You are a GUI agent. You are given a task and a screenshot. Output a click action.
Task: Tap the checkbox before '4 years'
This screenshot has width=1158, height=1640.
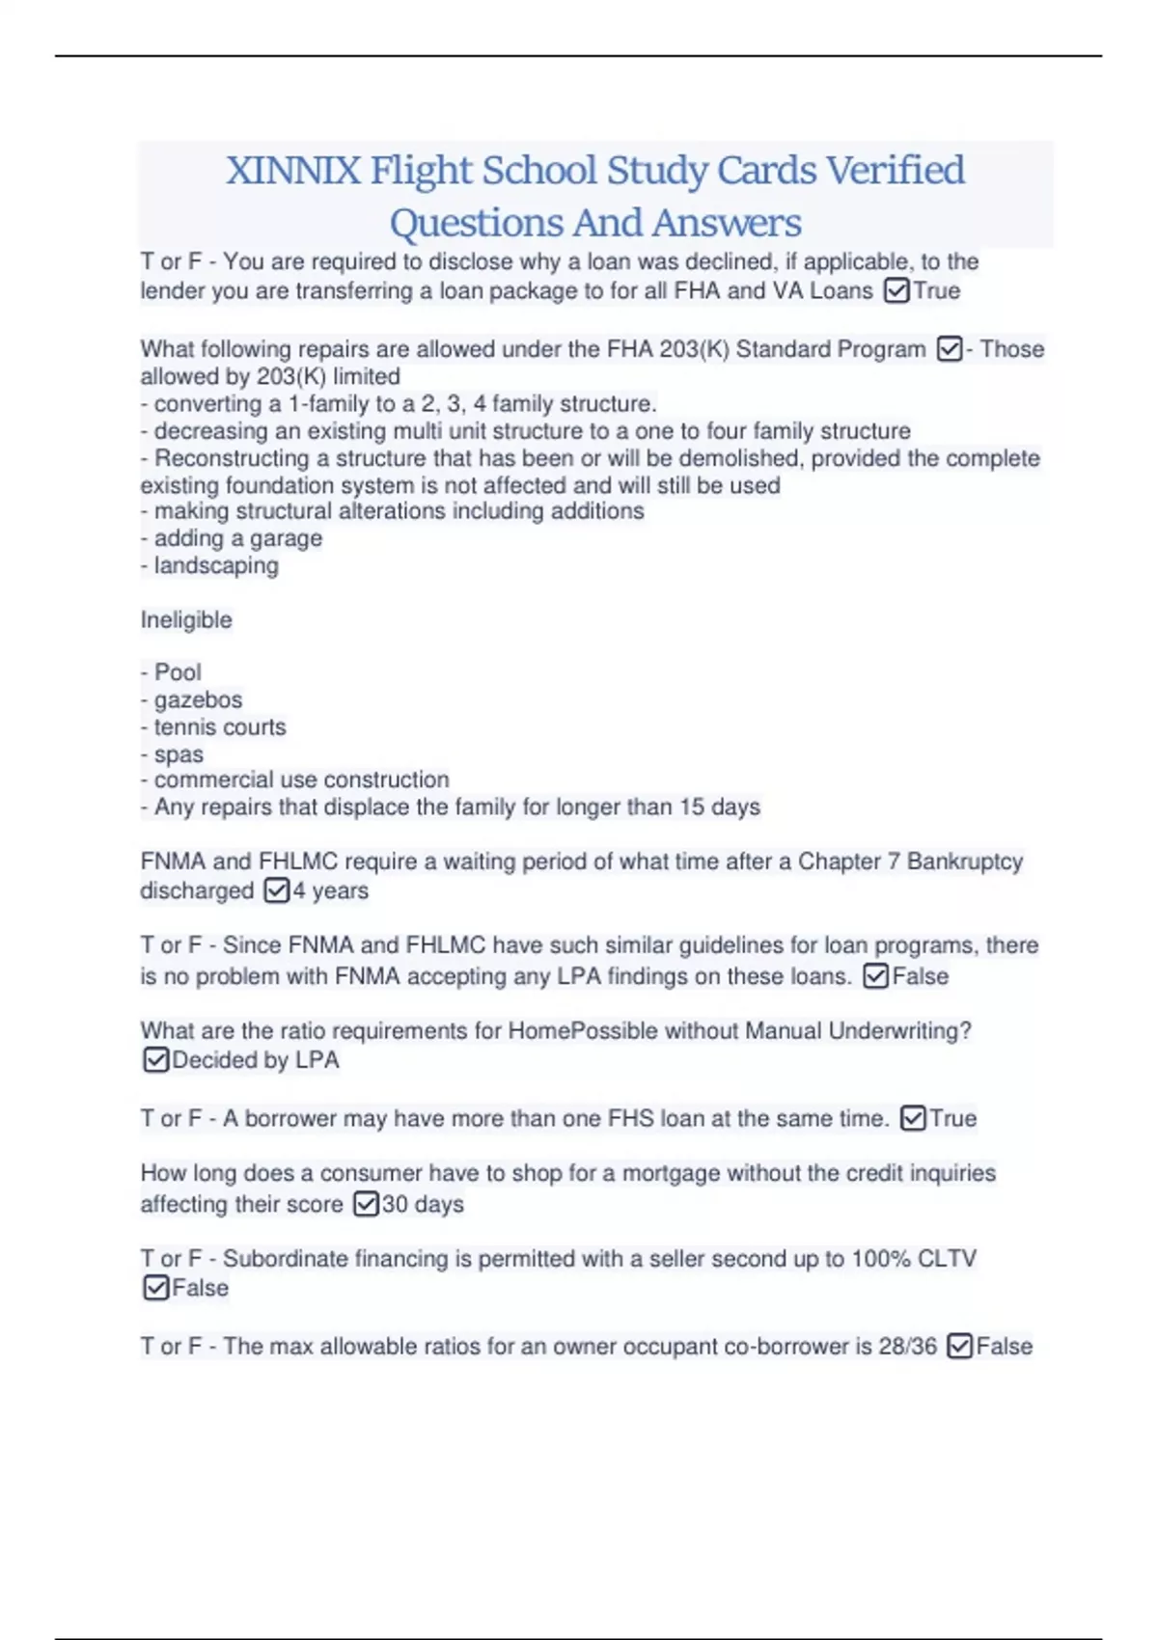click(276, 889)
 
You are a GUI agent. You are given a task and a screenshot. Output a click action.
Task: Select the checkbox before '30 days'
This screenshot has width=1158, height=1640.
click(366, 1203)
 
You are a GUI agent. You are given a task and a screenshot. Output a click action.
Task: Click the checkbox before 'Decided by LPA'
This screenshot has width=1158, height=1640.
click(155, 1059)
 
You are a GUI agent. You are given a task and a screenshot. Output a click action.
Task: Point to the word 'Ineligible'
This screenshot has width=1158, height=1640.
click(186, 619)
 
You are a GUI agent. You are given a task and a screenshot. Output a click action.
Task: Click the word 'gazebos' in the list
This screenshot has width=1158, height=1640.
click(198, 699)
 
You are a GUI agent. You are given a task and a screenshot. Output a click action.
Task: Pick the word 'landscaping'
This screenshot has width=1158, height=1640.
click(216, 565)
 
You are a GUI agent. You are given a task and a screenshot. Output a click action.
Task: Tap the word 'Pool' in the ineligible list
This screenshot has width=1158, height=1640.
click(178, 672)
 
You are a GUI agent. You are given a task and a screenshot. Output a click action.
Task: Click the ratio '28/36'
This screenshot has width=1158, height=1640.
click(907, 1346)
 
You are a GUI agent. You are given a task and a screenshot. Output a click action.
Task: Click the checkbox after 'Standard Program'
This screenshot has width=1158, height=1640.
click(950, 348)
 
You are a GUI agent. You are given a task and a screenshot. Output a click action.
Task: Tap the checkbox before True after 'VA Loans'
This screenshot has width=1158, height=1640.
click(896, 290)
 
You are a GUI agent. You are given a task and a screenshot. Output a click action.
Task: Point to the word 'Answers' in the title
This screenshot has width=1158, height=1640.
click(726, 223)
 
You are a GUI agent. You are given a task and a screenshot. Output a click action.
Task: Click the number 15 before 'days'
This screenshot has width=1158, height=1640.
click(691, 806)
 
